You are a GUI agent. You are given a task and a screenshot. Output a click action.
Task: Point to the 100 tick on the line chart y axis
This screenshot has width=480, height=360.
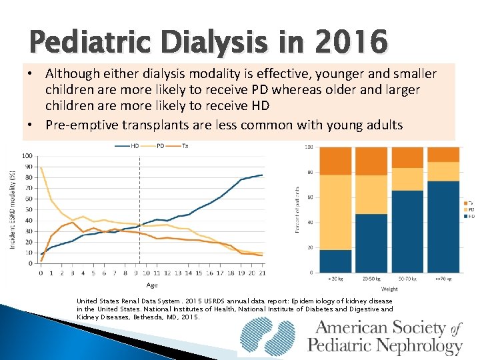[27, 156]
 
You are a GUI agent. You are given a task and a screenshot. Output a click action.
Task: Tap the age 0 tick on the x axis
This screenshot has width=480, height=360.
[41, 273]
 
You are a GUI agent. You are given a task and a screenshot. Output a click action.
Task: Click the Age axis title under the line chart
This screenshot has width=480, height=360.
[152, 285]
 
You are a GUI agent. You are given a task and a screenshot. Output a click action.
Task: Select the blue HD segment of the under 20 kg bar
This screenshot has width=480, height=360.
[336, 261]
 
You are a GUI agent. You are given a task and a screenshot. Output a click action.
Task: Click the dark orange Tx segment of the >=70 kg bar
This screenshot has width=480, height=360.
[443, 154]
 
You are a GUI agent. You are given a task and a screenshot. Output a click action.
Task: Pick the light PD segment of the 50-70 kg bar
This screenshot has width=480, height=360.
[407, 179]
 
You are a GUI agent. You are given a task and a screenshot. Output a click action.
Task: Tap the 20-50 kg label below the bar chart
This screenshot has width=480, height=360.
[371, 278]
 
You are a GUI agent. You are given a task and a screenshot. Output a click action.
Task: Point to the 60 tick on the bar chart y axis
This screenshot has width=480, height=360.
[310, 197]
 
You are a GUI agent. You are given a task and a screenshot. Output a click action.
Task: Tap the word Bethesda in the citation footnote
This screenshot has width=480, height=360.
[151, 317]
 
